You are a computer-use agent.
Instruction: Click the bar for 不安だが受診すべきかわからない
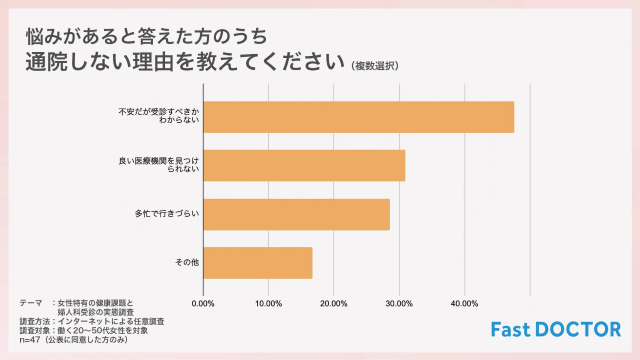pos(358,117)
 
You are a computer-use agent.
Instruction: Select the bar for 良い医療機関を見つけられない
pos(304,166)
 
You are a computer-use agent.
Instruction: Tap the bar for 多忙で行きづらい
pos(296,215)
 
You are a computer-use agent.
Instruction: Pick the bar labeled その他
pos(258,263)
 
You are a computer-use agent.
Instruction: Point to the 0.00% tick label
pos(203,303)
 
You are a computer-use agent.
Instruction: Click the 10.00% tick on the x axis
pos(268,303)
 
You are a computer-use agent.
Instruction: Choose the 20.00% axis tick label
pos(334,303)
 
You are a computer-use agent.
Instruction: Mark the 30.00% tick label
pos(399,303)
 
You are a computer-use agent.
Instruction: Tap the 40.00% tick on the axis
pos(464,303)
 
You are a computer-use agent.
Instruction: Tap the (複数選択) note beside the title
pos(375,67)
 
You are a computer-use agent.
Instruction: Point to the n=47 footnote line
pos(75,339)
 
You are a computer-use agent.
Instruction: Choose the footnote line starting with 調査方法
pos(91,320)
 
